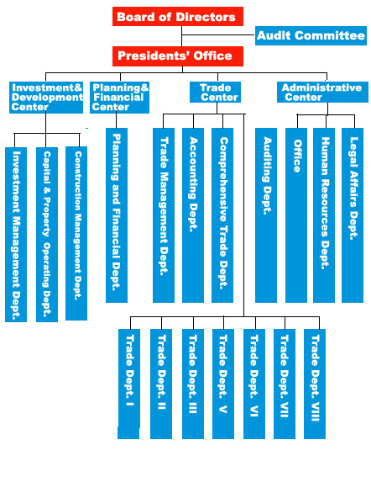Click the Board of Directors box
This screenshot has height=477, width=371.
(x=178, y=17)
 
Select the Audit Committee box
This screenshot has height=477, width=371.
(x=311, y=35)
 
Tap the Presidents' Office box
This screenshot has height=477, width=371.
(x=178, y=56)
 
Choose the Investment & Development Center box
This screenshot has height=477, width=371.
(x=46, y=98)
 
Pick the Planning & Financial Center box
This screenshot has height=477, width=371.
(x=120, y=98)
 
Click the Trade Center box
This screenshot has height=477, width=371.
(x=215, y=92)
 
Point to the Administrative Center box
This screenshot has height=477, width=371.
(x=322, y=92)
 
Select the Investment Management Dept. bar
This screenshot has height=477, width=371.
(x=16, y=235)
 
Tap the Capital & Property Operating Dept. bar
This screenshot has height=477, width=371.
(x=47, y=235)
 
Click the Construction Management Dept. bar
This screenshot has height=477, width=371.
(x=76, y=233)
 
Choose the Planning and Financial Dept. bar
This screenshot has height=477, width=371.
(x=117, y=215)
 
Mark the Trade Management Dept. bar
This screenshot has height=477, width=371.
(x=164, y=215)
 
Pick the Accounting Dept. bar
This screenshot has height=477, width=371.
(x=193, y=215)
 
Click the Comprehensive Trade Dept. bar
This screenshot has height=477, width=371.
(x=222, y=215)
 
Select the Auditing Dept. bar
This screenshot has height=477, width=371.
(x=266, y=215)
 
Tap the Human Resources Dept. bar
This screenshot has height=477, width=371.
(x=324, y=215)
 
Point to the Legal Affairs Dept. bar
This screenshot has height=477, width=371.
(x=353, y=215)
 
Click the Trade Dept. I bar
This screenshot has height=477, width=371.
(x=129, y=384)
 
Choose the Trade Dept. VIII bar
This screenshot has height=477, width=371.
(x=315, y=384)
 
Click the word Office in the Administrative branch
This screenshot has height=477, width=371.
(x=297, y=156)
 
